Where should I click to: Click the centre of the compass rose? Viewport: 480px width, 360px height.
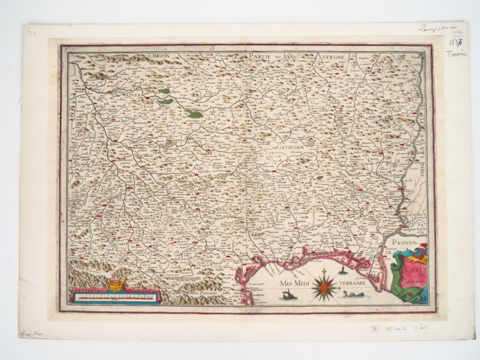point(325,283)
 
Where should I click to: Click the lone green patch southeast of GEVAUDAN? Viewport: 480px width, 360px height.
point(319,178)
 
